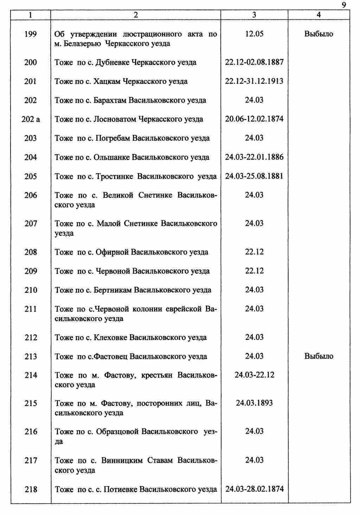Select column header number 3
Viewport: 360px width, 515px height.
point(254,15)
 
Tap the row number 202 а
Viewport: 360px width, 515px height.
point(31,119)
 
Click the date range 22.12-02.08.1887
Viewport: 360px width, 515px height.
point(254,62)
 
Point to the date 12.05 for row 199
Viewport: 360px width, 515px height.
point(254,34)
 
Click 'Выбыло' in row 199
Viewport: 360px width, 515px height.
point(319,34)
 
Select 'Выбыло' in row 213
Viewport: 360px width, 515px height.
point(319,356)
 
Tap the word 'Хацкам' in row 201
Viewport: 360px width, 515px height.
point(107,82)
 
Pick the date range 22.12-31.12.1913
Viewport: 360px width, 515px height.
point(254,81)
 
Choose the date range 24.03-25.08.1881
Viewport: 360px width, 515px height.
point(254,176)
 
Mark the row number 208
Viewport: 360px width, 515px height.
point(31,252)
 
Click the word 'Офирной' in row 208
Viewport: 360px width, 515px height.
point(112,252)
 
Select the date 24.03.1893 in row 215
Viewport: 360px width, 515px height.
point(254,403)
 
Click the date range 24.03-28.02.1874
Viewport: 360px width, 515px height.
point(254,489)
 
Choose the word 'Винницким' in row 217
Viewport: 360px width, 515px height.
point(122,461)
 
